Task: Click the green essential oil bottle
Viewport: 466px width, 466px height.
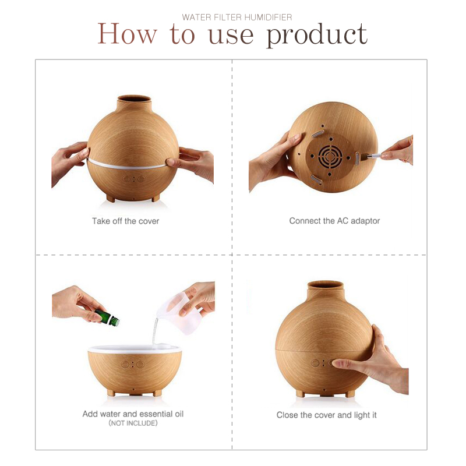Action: coord(107,317)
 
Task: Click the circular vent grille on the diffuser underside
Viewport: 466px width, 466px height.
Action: coord(330,156)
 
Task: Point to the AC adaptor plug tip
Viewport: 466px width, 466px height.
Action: coord(368,156)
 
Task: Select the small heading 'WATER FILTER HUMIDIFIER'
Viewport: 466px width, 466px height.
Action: coord(237,17)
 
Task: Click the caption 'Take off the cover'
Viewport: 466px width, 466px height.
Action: coord(125,221)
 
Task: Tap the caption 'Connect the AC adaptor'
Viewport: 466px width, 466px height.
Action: coord(334,221)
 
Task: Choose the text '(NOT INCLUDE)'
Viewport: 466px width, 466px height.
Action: coord(133,423)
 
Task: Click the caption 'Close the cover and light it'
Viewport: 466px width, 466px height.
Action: coord(326,415)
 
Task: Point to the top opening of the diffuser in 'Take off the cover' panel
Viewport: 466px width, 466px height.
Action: coord(134,98)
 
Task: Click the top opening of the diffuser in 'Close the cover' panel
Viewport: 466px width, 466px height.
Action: coord(326,284)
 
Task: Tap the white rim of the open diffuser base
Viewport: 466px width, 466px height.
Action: coord(135,348)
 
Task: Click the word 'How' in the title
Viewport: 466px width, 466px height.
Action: coord(127,34)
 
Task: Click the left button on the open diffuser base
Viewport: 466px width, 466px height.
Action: coord(125,365)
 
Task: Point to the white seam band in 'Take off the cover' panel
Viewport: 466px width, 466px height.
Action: coord(126,164)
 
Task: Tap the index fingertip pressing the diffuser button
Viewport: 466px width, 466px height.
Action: coord(336,363)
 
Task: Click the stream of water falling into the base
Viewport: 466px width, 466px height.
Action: coord(154,331)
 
